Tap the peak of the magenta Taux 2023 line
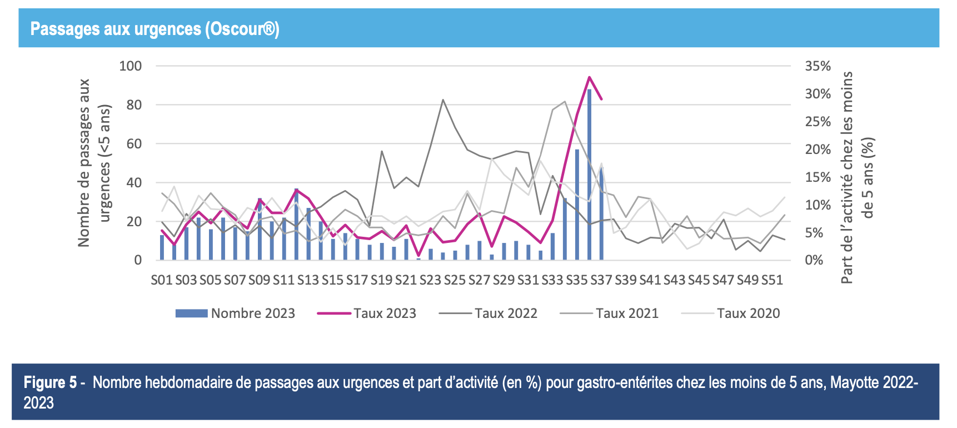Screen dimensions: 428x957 [x=589, y=77]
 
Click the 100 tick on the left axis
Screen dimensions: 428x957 [x=131, y=66]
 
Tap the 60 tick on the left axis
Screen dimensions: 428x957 [x=135, y=144]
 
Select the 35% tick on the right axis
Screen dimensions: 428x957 [x=818, y=66]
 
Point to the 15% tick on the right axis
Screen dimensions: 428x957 [x=818, y=177]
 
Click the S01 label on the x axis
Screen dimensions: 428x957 [x=162, y=280]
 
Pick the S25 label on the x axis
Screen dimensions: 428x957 [x=455, y=280]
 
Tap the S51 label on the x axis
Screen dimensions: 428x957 [x=772, y=280]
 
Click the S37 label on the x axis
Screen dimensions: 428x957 [x=601, y=280]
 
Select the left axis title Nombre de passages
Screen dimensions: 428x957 [x=84, y=162]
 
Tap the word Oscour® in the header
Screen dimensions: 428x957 [x=242, y=29]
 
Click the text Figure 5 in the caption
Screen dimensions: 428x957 [x=50, y=383]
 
